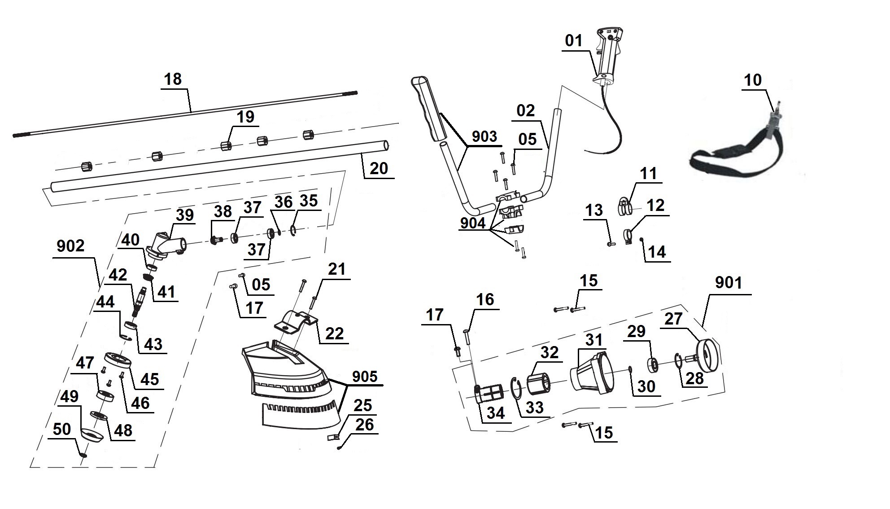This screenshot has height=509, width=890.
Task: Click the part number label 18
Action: pyautogui.click(x=173, y=79)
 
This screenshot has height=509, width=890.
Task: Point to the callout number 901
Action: pyautogui.click(x=728, y=283)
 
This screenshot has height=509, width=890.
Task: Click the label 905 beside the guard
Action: pyautogui.click(x=365, y=377)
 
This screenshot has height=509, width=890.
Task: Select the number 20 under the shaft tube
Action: pyautogui.click(x=379, y=168)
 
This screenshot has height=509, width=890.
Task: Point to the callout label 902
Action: pyautogui.click(x=71, y=246)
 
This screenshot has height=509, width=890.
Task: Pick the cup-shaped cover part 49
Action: pyautogui.click(x=92, y=435)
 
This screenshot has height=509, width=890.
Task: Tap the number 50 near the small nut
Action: pyautogui.click(x=62, y=429)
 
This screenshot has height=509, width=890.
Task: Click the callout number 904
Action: pyautogui.click(x=473, y=223)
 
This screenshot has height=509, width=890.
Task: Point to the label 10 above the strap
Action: pyautogui.click(x=753, y=80)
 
